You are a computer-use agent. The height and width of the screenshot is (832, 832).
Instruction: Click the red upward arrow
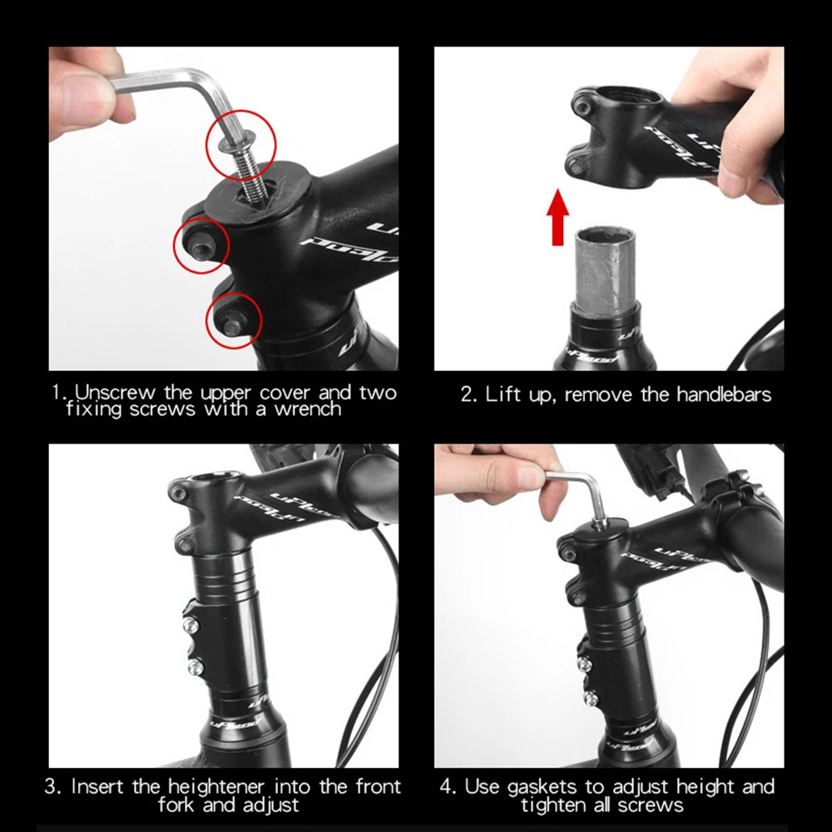pos(557,217)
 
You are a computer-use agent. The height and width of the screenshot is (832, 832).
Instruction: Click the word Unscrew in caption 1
pos(115,393)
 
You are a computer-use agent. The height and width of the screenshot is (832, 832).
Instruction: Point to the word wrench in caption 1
pos(308,409)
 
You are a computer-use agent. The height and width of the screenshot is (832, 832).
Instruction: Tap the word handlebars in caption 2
pos(724,394)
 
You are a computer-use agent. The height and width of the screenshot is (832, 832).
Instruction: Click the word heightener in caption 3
pos(216,786)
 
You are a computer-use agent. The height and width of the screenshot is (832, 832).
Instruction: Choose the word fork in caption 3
pos(176,805)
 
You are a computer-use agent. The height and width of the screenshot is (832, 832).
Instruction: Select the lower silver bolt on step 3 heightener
pos(196,666)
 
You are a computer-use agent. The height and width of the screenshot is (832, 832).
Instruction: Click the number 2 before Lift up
pos(467,394)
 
